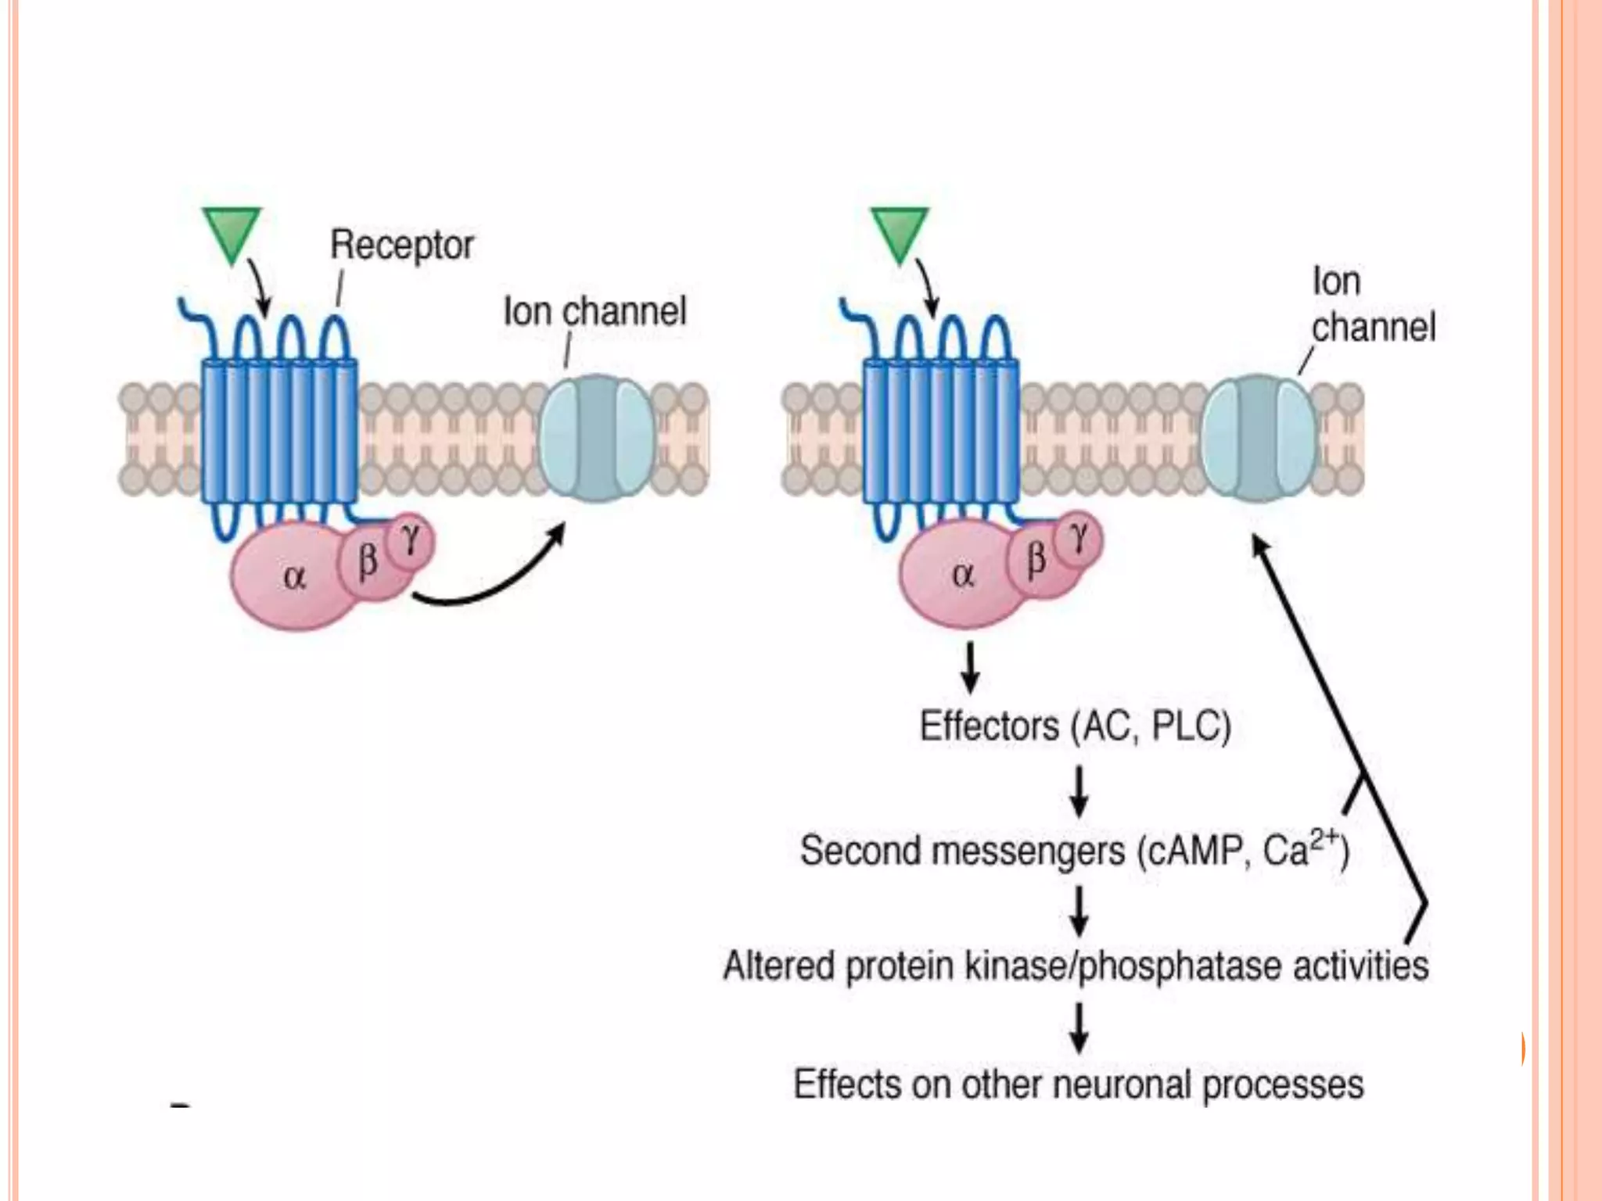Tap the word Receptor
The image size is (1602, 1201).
[x=401, y=245]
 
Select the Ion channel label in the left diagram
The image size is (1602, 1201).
[x=594, y=311]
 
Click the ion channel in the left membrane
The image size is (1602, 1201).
[x=598, y=438]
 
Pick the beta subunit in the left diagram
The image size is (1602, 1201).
[x=367, y=561]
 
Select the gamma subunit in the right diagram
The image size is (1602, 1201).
[x=1079, y=537]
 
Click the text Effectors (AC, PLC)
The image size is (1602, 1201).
[x=1075, y=726]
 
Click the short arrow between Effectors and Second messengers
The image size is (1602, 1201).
[x=1079, y=791]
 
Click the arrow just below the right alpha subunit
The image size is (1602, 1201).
[x=970, y=669]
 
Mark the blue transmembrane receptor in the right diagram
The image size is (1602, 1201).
[x=941, y=430]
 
